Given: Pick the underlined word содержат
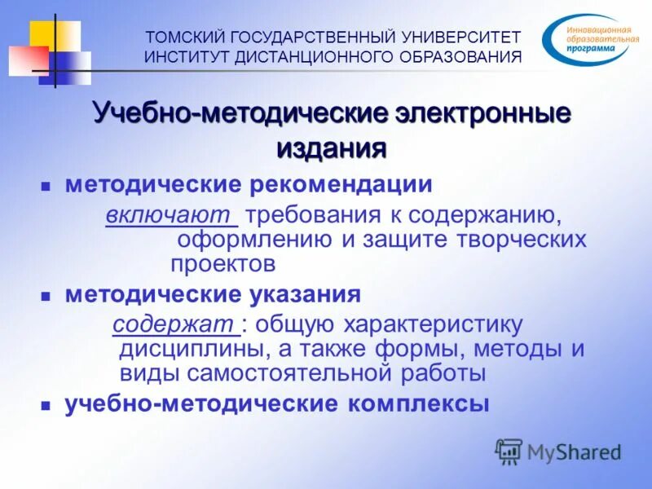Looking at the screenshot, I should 175,324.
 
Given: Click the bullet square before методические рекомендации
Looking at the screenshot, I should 46,187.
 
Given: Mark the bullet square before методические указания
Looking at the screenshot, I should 46,295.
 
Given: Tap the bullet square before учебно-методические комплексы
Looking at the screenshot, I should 46,405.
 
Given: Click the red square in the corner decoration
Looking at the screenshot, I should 26,59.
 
